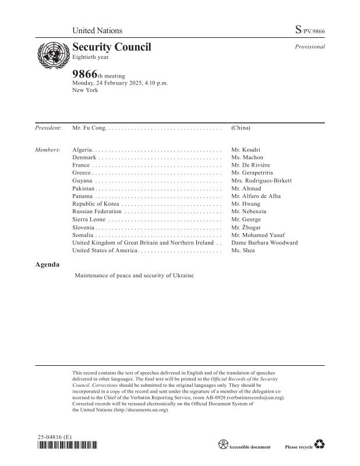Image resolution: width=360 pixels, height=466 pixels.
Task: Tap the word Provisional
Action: (309, 47)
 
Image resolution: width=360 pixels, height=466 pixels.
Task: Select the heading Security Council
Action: (111, 47)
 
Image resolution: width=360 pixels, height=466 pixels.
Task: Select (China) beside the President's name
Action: (241, 126)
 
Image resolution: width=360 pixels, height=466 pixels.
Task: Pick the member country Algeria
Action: (82, 150)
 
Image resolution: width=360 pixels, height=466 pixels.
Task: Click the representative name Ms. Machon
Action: (247, 157)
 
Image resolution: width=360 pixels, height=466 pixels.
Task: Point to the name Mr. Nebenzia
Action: (249, 211)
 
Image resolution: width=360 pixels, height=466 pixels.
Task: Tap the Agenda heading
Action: (47, 264)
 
